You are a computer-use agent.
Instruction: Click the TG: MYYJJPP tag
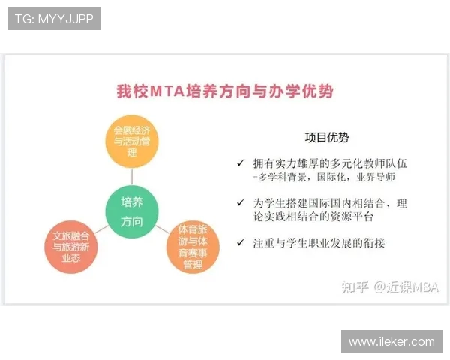click(x=54, y=19)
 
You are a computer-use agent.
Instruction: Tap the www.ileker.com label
click(x=391, y=341)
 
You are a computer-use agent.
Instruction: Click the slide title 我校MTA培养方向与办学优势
click(x=225, y=91)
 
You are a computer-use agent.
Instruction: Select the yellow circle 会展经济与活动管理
click(x=132, y=141)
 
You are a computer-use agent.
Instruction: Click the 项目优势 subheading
click(x=326, y=138)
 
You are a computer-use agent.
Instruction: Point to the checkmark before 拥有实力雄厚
click(x=240, y=163)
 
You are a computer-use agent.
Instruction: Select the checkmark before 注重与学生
click(x=240, y=242)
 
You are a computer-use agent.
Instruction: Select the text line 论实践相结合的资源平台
click(x=313, y=217)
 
